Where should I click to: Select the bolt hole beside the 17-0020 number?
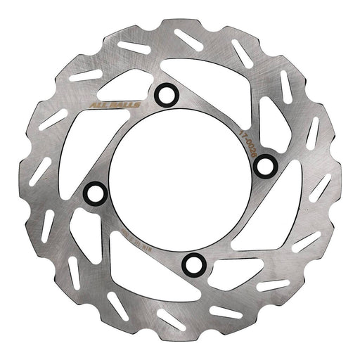click(x=264, y=166)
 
